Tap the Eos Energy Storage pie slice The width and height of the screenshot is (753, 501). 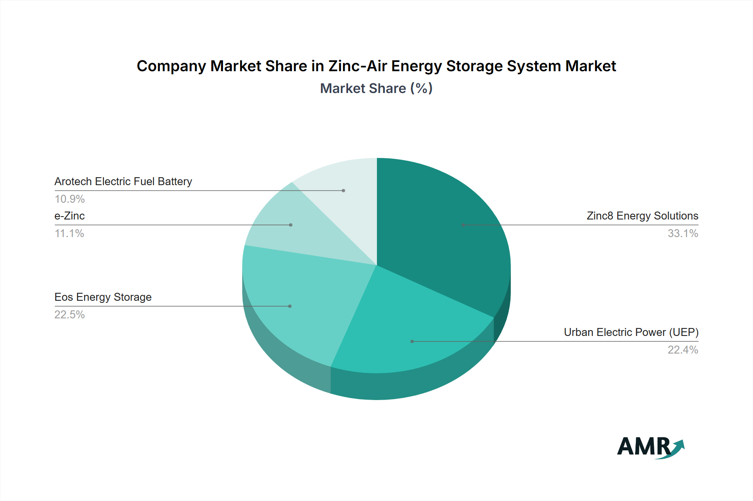point(301,302)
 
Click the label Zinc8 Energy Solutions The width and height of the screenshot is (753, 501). point(642,216)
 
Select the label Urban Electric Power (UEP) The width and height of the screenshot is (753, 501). point(631,332)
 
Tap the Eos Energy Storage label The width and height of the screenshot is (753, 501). point(103,297)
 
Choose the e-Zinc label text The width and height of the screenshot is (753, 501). point(69,216)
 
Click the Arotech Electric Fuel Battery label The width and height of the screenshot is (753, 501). point(123,181)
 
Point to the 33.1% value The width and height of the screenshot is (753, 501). point(683,233)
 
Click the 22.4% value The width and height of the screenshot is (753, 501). point(683,350)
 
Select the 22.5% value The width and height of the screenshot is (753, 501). point(69,315)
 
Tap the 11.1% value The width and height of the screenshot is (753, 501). point(69,233)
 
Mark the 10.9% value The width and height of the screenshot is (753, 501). point(69,199)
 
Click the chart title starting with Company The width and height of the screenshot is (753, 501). point(376,66)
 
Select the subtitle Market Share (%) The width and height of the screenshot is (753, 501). point(376,88)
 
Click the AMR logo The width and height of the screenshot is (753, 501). point(650,447)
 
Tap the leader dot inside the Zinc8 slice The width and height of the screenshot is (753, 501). point(463,225)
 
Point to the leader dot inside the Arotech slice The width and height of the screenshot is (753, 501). point(343,191)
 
